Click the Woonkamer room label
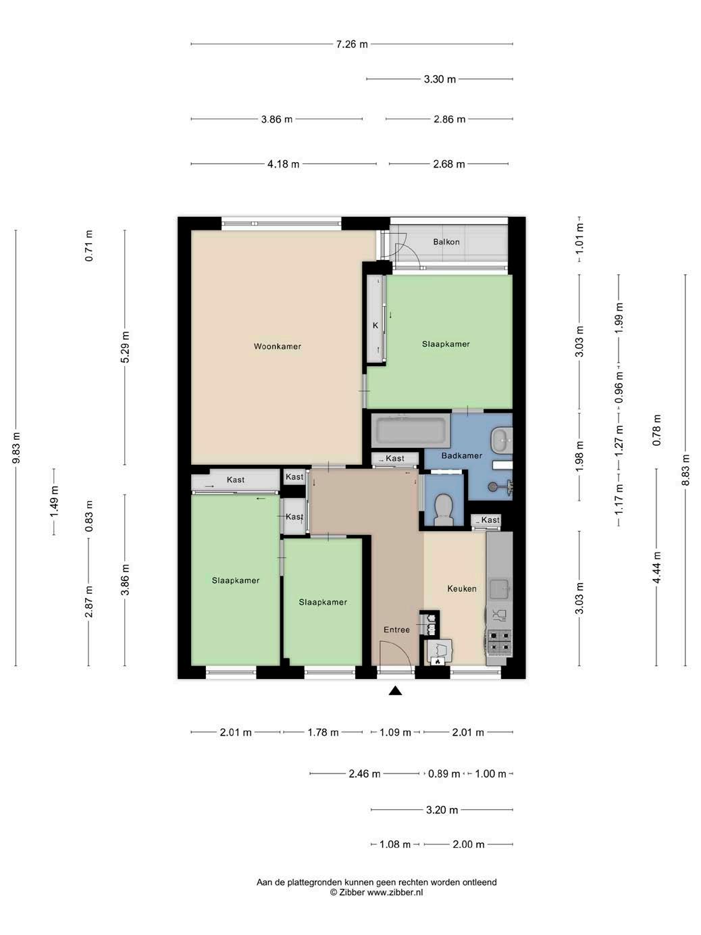(277, 347)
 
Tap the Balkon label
(446, 242)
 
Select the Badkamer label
(461, 455)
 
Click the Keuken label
(461, 588)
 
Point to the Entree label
(396, 630)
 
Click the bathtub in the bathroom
(411, 430)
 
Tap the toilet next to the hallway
(444, 509)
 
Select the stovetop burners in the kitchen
(499, 642)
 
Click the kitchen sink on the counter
(500, 590)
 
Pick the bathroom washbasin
(502, 439)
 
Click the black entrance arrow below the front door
(395, 691)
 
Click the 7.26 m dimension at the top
(352, 44)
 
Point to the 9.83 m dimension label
(16, 448)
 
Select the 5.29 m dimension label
(125, 347)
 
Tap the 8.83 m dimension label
(685, 470)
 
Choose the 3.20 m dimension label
(442, 810)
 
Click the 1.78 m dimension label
(323, 732)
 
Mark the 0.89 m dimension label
(444, 774)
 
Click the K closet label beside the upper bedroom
(375, 326)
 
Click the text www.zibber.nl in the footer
(395, 892)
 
